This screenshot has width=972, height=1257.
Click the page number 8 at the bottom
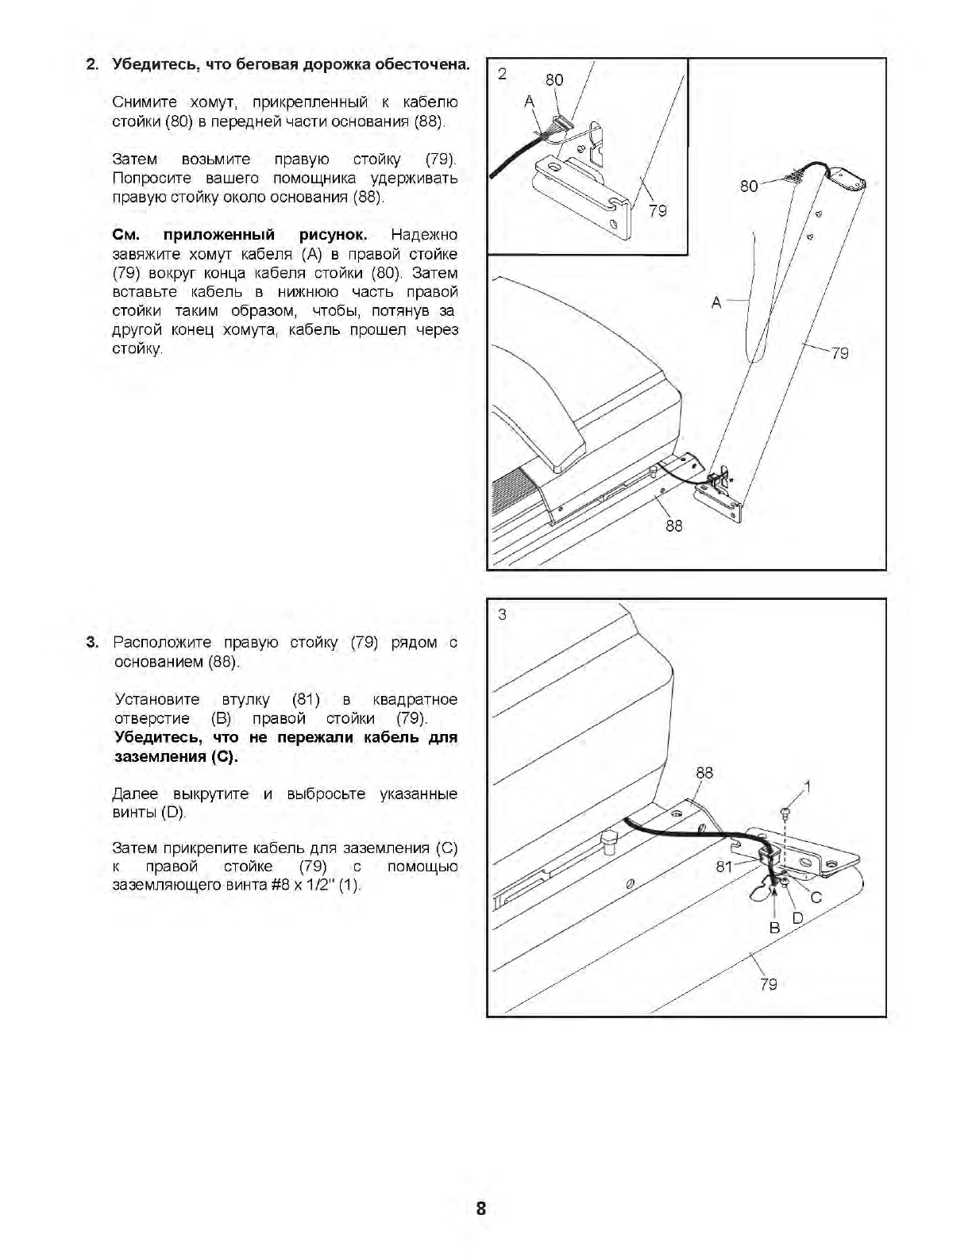click(x=480, y=1209)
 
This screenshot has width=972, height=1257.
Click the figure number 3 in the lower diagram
click(x=502, y=614)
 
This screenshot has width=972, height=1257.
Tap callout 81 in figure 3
click(x=724, y=867)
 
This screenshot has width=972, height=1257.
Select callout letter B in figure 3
click(x=775, y=927)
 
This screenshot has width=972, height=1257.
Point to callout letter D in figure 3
click(x=798, y=918)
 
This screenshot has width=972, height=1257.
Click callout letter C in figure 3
click(x=816, y=898)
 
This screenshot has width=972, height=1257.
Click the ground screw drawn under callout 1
click(x=785, y=812)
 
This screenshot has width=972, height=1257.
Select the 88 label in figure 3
click(x=704, y=772)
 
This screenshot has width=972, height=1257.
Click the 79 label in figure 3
click(x=769, y=984)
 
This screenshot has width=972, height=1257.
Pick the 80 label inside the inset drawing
click(x=554, y=79)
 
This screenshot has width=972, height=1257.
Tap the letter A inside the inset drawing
click(x=530, y=102)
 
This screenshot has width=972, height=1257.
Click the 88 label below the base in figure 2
click(x=673, y=525)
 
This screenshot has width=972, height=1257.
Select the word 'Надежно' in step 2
click(x=424, y=235)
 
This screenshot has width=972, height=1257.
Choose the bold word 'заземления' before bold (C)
click(x=157, y=757)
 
